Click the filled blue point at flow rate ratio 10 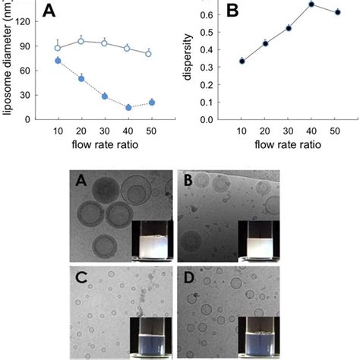click(x=58, y=60)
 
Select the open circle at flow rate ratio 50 click(x=149, y=54)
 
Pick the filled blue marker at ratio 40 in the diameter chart click(x=128, y=108)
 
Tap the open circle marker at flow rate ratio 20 click(x=81, y=41)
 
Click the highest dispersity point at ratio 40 click(x=311, y=5)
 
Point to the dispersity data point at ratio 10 click(x=242, y=61)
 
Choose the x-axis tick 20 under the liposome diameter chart click(x=81, y=131)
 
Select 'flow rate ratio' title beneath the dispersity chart click(x=288, y=144)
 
